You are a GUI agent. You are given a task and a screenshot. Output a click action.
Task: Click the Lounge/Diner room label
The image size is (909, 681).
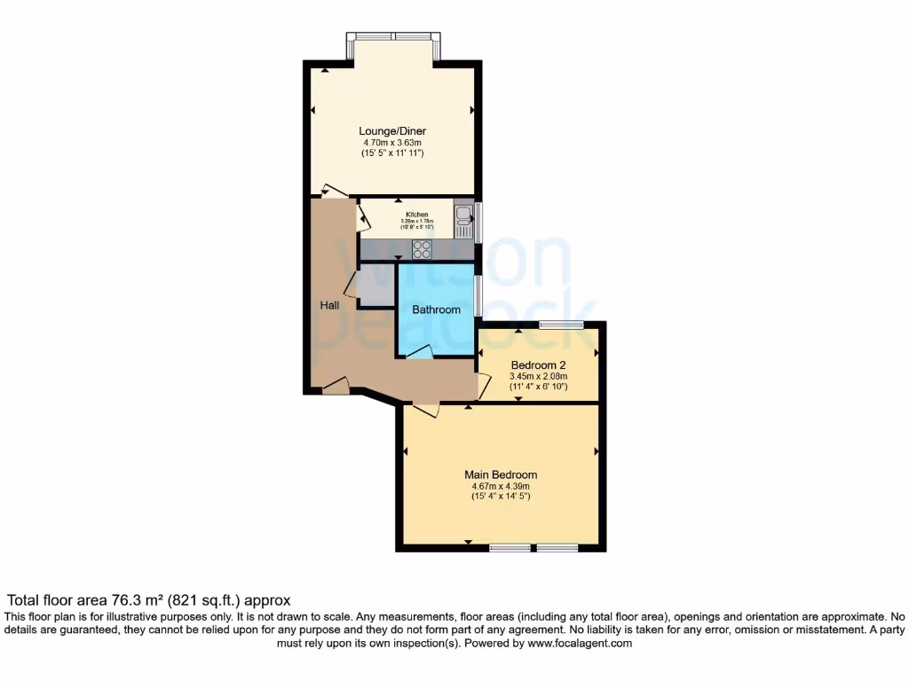pyautogui.click(x=392, y=131)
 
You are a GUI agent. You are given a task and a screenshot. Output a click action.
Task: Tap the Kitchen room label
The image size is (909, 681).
pyautogui.click(x=417, y=215)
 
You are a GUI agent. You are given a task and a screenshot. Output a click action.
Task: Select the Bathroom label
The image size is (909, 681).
pyautogui.click(x=436, y=309)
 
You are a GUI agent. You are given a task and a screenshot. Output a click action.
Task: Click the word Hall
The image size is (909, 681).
pyautogui.click(x=329, y=305)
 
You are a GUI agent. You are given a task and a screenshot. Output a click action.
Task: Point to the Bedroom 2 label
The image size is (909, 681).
pyautogui.click(x=538, y=364)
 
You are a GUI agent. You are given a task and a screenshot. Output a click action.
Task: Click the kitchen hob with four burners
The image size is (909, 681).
pyautogui.click(x=422, y=250)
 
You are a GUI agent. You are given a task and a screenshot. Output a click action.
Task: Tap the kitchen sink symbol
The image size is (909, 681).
pyautogui.click(x=463, y=218)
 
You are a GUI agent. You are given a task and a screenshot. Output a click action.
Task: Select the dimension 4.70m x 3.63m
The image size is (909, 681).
pyautogui.click(x=392, y=143)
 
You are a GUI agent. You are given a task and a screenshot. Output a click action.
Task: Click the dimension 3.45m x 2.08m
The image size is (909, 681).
pyautogui.click(x=538, y=376)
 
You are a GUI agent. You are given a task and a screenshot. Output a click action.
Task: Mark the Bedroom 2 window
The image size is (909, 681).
pyautogui.click(x=561, y=325)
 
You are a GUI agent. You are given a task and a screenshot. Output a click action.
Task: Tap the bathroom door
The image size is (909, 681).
pyautogui.click(x=420, y=353)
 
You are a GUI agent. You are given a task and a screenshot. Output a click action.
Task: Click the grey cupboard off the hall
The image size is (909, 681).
pyautogui.click(x=375, y=285)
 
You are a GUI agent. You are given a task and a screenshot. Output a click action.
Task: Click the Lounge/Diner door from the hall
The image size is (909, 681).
pyautogui.click(x=335, y=190)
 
